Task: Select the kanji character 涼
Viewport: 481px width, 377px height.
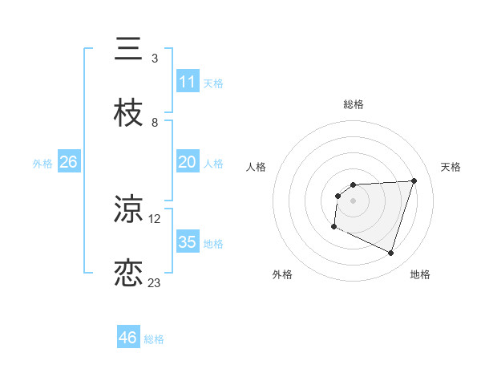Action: pyautogui.click(x=128, y=209)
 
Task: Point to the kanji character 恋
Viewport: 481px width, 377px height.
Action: pyautogui.click(x=128, y=273)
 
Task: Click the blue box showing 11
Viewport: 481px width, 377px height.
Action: pyautogui.click(x=187, y=82)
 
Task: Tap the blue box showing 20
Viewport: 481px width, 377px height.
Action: pyautogui.click(x=187, y=162)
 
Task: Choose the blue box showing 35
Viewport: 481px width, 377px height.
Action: pyautogui.click(x=187, y=242)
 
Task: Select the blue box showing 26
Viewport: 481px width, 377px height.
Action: pyautogui.click(x=68, y=162)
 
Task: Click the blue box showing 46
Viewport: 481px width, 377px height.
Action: pyautogui.click(x=127, y=338)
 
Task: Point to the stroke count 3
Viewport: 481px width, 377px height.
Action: pyautogui.click(x=155, y=58)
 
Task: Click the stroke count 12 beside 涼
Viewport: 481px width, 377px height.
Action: pyautogui.click(x=155, y=218)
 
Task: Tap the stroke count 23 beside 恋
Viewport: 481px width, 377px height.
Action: pyautogui.click(x=155, y=282)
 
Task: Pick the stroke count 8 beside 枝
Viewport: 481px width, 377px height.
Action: pyautogui.click(x=155, y=122)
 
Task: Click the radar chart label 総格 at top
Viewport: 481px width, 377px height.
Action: pyautogui.click(x=353, y=104)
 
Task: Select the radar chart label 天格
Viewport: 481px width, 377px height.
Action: pyautogui.click(x=451, y=167)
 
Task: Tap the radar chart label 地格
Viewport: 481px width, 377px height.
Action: pyautogui.click(x=420, y=274)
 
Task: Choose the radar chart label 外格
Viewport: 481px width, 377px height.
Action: pyautogui.click(x=282, y=274)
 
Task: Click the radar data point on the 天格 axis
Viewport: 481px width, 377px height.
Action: pyautogui.click(x=414, y=180)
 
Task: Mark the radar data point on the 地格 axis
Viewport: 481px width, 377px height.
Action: pyautogui.click(x=390, y=253)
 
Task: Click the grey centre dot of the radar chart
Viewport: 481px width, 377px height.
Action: pyautogui.click(x=353, y=201)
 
